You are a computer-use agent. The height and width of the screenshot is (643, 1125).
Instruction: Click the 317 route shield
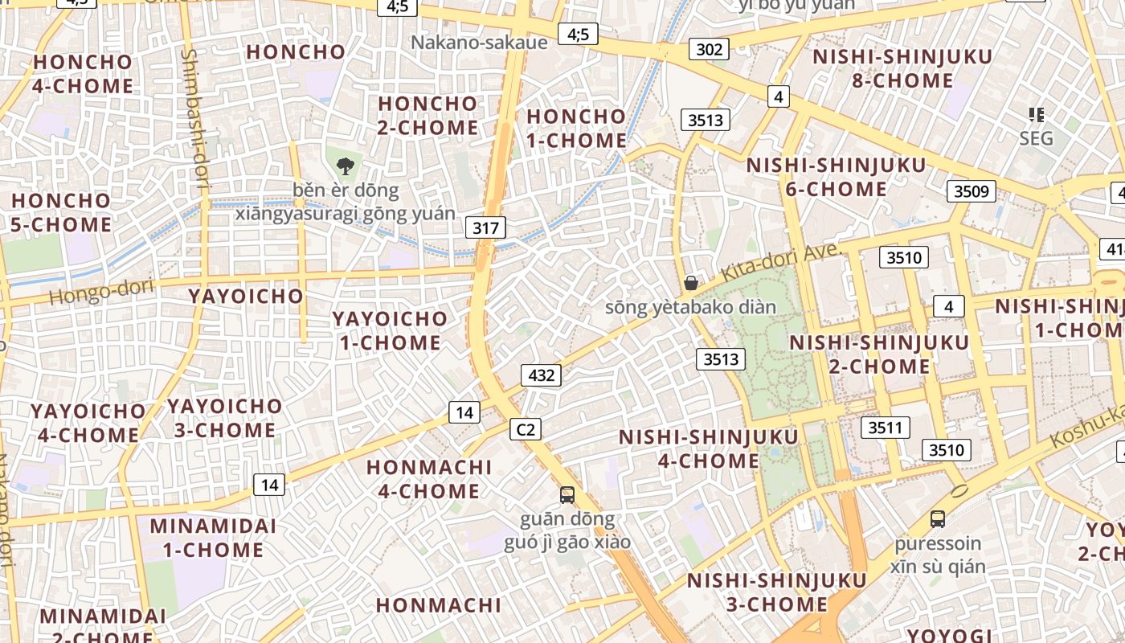485,227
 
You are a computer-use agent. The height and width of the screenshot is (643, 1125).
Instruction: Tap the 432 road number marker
541,375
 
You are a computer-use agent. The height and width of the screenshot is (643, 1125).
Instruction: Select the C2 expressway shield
526,429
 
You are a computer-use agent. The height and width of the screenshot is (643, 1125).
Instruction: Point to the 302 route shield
709,50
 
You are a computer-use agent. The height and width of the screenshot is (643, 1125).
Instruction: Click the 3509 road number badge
971,191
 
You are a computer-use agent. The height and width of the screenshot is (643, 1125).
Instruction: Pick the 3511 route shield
885,427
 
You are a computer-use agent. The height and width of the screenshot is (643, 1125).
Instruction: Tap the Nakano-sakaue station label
479,42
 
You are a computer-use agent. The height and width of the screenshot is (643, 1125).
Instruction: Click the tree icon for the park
346,167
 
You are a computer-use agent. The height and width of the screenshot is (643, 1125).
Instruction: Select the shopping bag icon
690,283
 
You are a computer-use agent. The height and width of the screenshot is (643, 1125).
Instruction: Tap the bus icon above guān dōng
567,494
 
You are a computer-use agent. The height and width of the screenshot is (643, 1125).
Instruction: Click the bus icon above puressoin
938,519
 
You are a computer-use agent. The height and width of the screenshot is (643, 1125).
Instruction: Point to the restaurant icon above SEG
1036,115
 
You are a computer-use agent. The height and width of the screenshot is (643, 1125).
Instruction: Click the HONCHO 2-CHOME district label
428,116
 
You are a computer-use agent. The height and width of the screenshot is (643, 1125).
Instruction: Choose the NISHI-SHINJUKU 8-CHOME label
902,69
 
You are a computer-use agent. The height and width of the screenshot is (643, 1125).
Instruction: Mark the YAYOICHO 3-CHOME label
225,418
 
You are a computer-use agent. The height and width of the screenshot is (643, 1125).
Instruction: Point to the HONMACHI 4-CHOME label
429,479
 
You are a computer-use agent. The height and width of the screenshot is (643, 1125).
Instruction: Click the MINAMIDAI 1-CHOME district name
213,539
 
